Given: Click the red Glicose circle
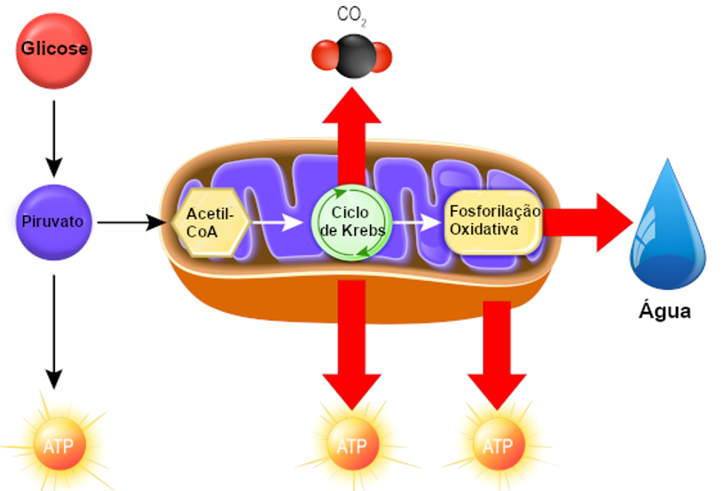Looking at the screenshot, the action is pyautogui.click(x=54, y=51).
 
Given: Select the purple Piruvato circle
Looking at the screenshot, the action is pyautogui.click(x=54, y=222).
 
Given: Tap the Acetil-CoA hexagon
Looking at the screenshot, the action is pyautogui.click(x=210, y=222).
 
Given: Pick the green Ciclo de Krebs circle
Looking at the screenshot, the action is pyautogui.click(x=351, y=222).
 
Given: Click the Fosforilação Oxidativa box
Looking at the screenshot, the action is pyautogui.click(x=493, y=222).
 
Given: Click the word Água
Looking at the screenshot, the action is pyautogui.click(x=665, y=311).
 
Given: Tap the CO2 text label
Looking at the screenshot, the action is pyautogui.click(x=352, y=15).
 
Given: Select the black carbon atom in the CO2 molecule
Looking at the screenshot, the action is pyautogui.click(x=355, y=56).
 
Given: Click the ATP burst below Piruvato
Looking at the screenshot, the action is pyautogui.click(x=59, y=446).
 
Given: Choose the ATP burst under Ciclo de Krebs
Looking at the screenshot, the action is pyautogui.click(x=352, y=446).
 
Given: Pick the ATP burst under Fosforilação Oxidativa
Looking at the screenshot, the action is pyautogui.click(x=499, y=446).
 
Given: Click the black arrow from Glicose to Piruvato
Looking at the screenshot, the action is pyautogui.click(x=54, y=138).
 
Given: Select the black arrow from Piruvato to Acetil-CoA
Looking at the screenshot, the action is pyautogui.click(x=131, y=222).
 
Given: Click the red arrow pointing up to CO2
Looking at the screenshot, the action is pyautogui.click(x=352, y=136).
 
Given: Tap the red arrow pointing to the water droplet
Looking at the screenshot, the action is pyautogui.click(x=587, y=222).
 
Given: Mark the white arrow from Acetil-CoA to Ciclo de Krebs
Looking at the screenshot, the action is pyautogui.click(x=278, y=222).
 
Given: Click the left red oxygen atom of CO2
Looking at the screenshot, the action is pyautogui.click(x=325, y=55).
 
